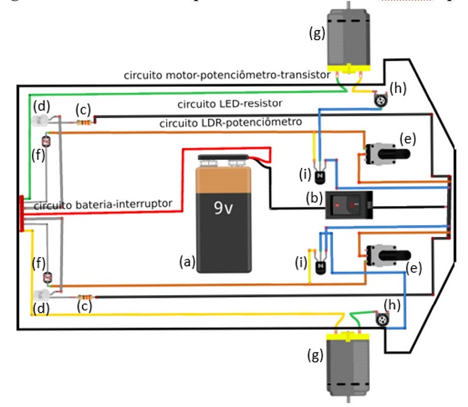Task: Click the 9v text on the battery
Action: point(224,209)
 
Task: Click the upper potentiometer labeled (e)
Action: point(385,150)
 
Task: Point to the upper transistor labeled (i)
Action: point(320,176)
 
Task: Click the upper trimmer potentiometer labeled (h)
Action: point(379,100)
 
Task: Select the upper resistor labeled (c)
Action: point(84,122)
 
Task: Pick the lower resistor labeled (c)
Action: point(84,297)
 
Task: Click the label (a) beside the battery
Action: point(188,263)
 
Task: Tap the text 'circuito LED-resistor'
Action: point(230,104)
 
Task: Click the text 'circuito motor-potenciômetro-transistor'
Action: point(227,74)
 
